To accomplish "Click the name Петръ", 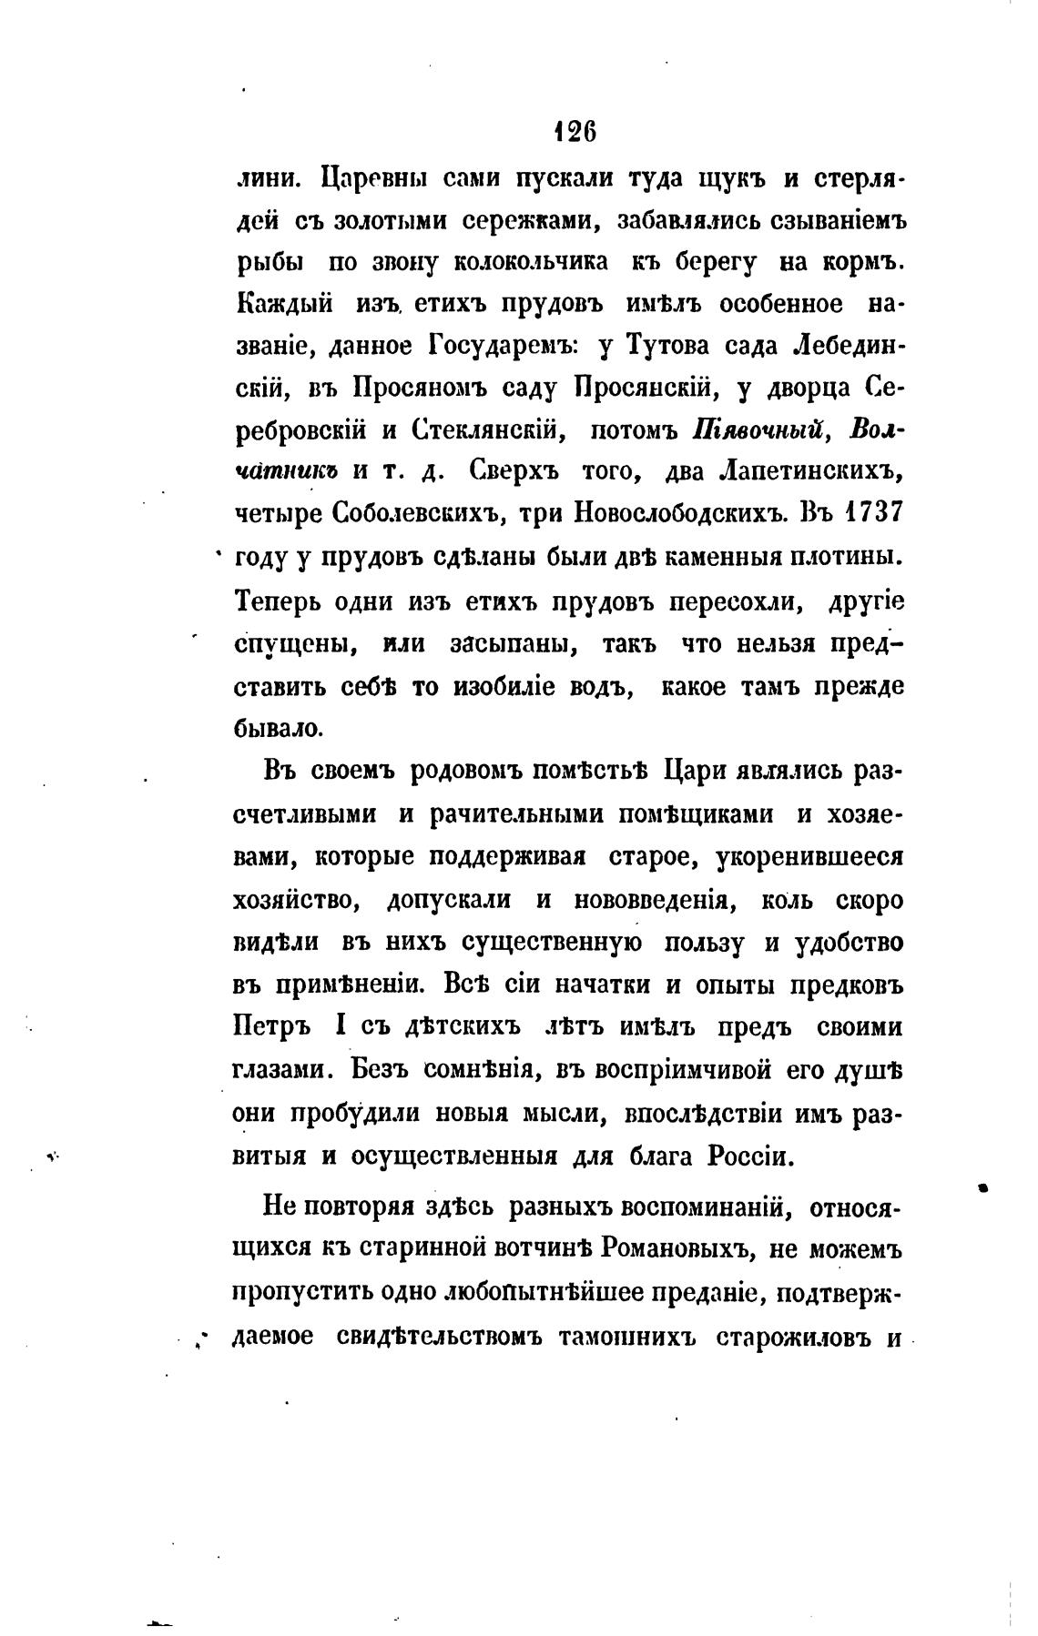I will pyautogui.click(x=272, y=1028).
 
